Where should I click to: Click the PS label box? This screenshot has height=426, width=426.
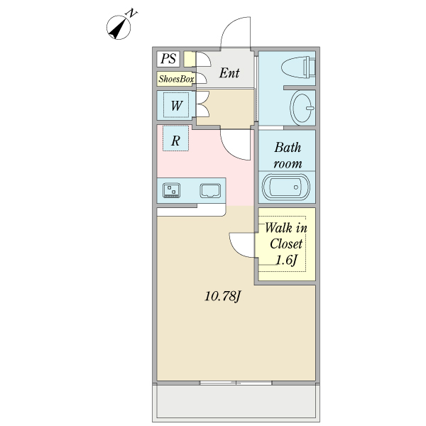(x=168, y=59)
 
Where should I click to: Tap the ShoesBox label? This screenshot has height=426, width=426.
(x=176, y=79)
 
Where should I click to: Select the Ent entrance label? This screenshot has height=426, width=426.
(x=229, y=73)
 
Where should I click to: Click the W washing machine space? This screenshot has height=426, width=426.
(x=176, y=105)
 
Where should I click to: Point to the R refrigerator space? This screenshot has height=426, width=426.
(x=175, y=138)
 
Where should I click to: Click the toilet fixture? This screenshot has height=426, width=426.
(x=298, y=67)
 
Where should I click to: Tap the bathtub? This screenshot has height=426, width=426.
(x=285, y=187)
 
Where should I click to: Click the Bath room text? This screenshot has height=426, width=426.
(x=288, y=155)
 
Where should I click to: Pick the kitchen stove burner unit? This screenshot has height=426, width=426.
(x=171, y=190)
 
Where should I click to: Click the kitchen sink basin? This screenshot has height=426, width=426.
(x=210, y=191)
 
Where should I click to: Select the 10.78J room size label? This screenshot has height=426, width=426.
(x=223, y=296)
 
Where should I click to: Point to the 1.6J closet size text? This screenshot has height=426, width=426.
(x=286, y=261)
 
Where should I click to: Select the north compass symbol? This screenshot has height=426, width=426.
(x=119, y=28)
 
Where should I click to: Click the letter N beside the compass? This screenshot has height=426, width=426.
(x=132, y=13)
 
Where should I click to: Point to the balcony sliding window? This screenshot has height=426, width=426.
(x=236, y=383)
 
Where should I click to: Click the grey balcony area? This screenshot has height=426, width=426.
(x=236, y=402)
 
